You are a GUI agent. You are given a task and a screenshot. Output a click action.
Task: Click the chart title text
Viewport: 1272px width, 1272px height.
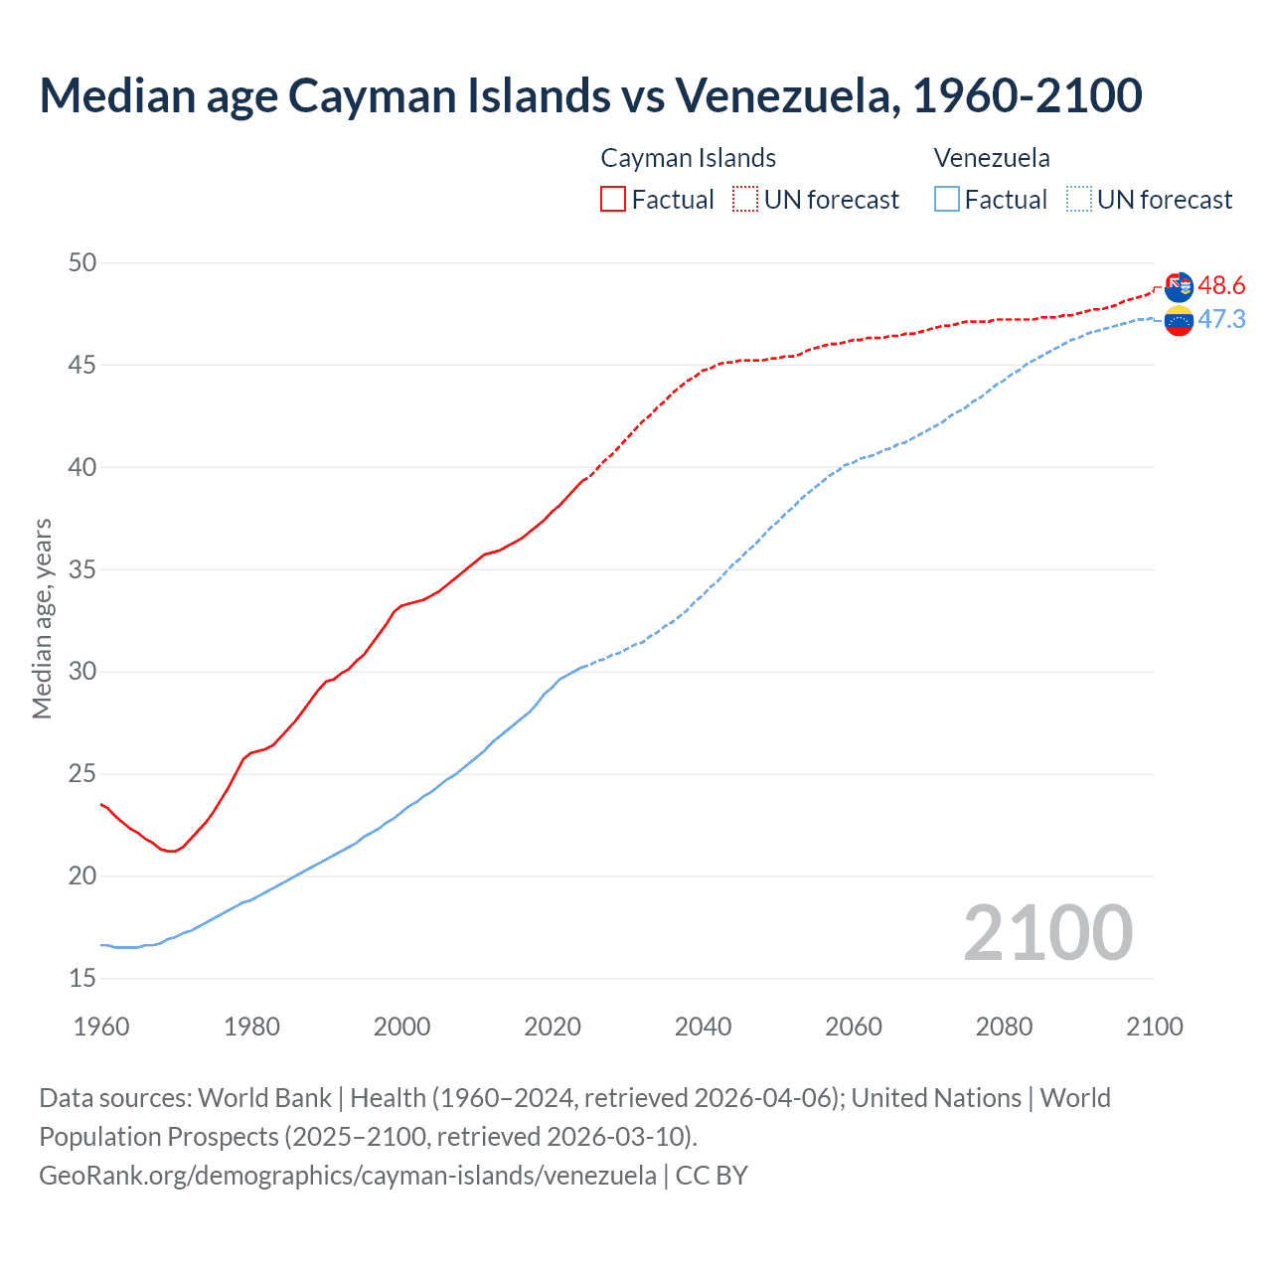(590, 95)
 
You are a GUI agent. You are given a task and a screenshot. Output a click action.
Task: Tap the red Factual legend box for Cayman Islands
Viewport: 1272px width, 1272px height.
(613, 199)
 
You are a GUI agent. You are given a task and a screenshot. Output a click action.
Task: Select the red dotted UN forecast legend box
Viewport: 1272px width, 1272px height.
(745, 199)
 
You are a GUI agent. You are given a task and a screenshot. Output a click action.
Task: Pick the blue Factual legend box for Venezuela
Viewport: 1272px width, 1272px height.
(947, 199)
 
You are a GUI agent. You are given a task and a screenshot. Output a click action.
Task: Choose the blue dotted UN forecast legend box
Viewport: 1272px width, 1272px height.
(1079, 199)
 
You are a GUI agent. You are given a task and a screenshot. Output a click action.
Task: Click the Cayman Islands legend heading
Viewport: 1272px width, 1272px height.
(688, 158)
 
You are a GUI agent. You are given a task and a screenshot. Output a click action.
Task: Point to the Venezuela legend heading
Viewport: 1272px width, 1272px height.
(992, 158)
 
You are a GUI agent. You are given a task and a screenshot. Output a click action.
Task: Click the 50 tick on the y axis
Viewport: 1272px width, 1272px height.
(82, 262)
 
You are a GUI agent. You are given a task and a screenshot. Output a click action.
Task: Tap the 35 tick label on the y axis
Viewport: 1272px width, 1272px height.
(82, 569)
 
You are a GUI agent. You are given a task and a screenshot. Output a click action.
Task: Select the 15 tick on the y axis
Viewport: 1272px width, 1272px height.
(82, 978)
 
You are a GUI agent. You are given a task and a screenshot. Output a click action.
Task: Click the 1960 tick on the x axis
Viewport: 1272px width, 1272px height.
(101, 1027)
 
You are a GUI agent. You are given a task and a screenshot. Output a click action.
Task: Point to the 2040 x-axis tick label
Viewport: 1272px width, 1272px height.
(703, 1027)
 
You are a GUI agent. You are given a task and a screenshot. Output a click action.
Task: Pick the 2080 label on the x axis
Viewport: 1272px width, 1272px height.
(1004, 1027)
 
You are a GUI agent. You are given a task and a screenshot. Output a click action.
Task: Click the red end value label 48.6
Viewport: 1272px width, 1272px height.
(1221, 286)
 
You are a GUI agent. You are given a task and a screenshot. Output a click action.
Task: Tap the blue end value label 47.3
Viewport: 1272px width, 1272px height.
(1221, 319)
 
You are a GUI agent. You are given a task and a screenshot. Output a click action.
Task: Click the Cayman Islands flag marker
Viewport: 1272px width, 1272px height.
(1179, 286)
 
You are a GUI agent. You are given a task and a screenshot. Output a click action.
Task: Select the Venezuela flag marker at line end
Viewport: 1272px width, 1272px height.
(1179, 321)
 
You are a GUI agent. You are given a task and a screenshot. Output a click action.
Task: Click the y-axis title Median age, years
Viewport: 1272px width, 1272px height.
(42, 618)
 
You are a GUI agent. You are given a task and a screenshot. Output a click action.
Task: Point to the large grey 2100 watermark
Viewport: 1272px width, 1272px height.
(1047, 933)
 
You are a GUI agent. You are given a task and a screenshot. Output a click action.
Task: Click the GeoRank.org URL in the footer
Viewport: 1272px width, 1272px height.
(348, 1176)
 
